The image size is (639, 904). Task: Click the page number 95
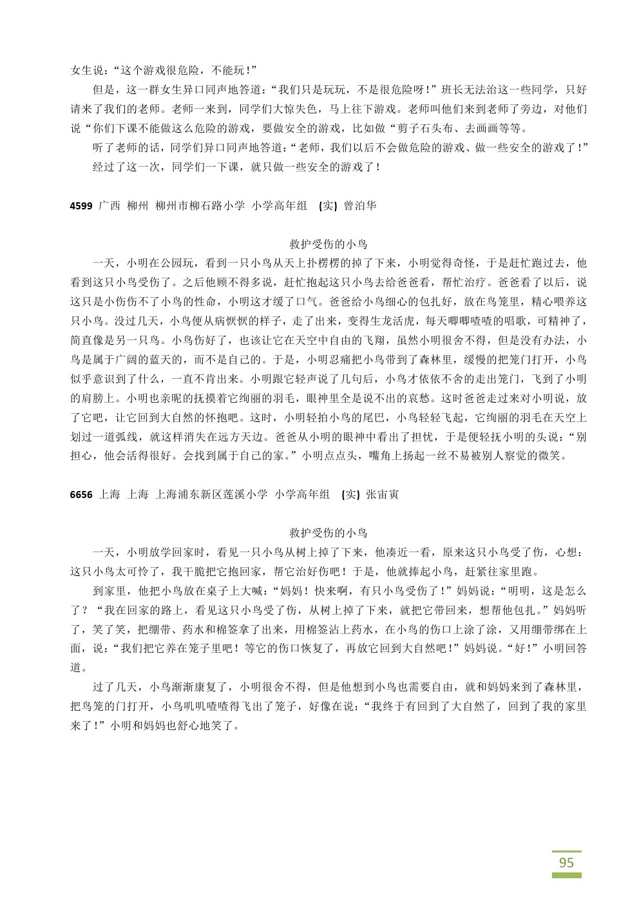(566, 863)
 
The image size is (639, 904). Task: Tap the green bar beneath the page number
(566, 876)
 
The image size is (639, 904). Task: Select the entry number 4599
(81, 206)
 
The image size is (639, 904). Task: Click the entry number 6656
(81, 495)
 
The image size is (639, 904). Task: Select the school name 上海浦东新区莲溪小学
(212, 495)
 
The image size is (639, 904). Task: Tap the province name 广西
(110, 206)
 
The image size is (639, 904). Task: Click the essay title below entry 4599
(329, 244)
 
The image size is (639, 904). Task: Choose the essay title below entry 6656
(329, 533)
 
